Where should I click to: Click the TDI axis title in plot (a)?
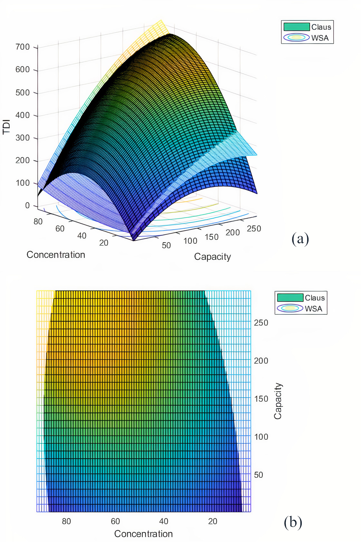(6, 127)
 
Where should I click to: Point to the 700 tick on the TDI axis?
(23, 47)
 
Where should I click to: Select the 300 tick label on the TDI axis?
(23, 138)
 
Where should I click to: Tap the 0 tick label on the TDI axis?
(27, 206)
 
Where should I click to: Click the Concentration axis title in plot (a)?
(56, 255)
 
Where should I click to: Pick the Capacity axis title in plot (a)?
(212, 257)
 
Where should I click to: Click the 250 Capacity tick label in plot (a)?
(254, 229)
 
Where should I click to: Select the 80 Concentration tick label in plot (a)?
(38, 221)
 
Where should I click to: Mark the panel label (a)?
(300, 239)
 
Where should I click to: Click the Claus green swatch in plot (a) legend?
(297, 27)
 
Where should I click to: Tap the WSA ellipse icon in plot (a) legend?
(297, 37)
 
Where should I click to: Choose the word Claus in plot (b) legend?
(315, 298)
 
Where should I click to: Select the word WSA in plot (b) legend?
(314, 309)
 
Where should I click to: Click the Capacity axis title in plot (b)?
(278, 401)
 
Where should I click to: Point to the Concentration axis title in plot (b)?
(143, 534)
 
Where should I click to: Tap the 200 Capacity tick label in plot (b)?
(261, 361)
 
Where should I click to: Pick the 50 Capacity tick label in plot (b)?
(259, 475)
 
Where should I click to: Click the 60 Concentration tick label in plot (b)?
(115, 521)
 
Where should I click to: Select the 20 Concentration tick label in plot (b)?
(213, 521)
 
